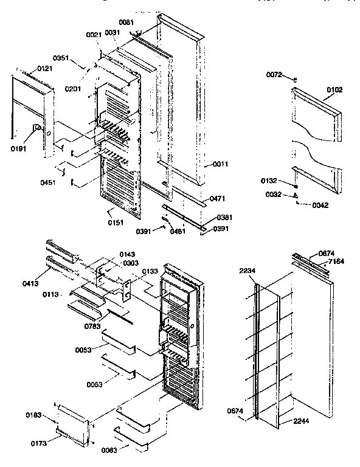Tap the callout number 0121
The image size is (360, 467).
[45, 69]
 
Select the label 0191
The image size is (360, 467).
[19, 147]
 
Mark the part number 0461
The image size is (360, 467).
[179, 231]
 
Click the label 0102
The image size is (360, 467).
[334, 89]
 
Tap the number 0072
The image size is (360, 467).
[275, 74]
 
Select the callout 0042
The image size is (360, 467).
[319, 205]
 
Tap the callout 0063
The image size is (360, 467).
[100, 449]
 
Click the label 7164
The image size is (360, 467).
[337, 261]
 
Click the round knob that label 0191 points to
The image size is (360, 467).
[36, 128]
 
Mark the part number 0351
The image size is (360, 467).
[77, 59]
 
